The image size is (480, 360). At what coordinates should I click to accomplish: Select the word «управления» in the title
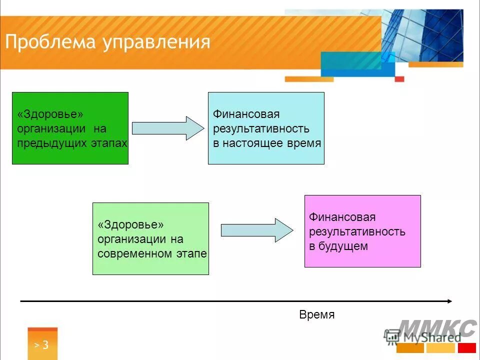[156, 42]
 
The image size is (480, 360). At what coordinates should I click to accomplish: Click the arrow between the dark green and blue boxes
[168, 128]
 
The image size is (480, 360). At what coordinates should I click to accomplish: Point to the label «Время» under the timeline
[316, 315]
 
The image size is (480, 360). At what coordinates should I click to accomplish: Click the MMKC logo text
[437, 328]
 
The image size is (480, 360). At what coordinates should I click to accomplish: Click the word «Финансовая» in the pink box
[342, 217]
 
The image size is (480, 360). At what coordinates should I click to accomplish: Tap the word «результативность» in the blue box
[261, 129]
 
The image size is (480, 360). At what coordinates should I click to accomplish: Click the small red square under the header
[399, 78]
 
